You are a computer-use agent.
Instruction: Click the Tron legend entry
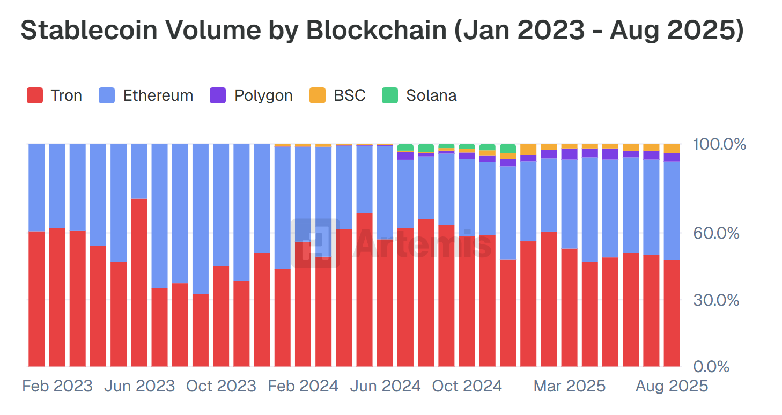point(54,95)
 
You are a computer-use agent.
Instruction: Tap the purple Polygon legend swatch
point(218,96)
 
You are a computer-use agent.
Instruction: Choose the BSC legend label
point(349,95)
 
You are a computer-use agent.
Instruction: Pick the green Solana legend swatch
point(390,96)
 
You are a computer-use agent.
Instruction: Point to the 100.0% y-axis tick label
point(719,144)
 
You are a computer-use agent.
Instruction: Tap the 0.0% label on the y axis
point(711,367)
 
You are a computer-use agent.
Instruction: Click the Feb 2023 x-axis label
point(57,386)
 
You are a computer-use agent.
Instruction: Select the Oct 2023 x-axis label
point(221,386)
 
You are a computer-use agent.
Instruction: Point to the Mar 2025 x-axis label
point(569,386)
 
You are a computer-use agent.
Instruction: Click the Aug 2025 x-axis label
point(672,386)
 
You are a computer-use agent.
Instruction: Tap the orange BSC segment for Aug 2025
point(672,148)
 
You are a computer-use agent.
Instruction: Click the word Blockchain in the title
point(376,31)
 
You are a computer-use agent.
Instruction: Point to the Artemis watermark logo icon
point(316,242)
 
